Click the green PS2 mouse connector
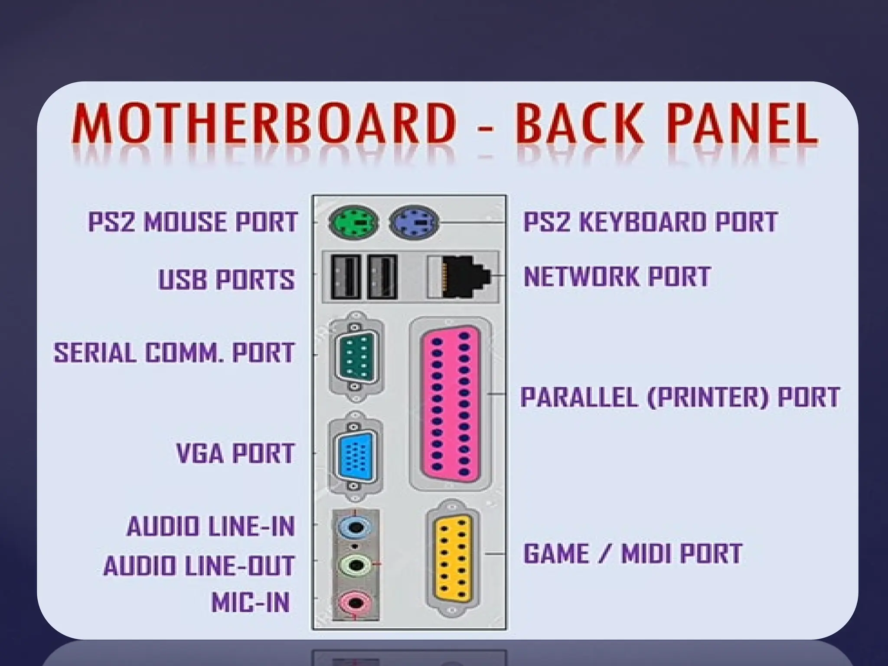pyautogui.click(x=353, y=222)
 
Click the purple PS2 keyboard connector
pyautogui.click(x=415, y=222)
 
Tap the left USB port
pyautogui.click(x=346, y=276)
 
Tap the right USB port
pyautogui.click(x=382, y=276)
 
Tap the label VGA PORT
pyautogui.click(x=235, y=453)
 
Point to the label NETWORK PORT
pyautogui.click(x=617, y=276)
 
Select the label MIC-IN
pyautogui.click(x=251, y=602)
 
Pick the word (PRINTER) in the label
pyautogui.click(x=708, y=397)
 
